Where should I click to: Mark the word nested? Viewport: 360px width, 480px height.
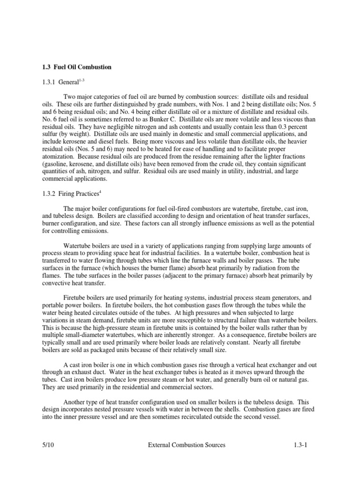click(113, 409)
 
